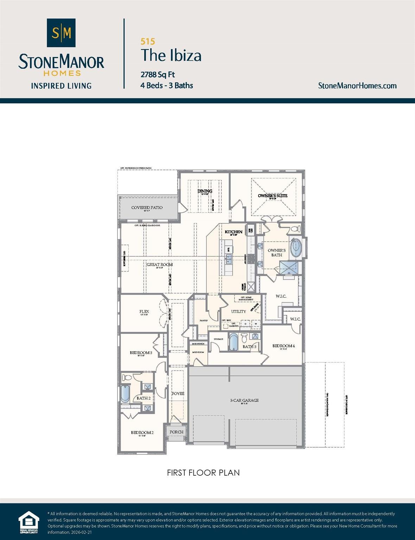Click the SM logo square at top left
[61, 33]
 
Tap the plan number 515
[148, 41]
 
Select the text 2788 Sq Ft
[158, 75]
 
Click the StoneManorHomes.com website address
[357, 86]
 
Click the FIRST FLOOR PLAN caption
[203, 473]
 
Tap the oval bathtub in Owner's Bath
[296, 247]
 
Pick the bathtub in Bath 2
[125, 394]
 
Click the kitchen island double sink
[229, 260]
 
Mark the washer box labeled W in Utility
[256, 324]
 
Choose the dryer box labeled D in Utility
[245, 324]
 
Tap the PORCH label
[177, 432]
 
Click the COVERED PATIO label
[147, 208]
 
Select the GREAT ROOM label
[159, 265]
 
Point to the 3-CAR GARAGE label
[244, 400]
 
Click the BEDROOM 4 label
[283, 346]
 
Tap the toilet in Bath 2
[127, 378]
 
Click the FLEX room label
[144, 311]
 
